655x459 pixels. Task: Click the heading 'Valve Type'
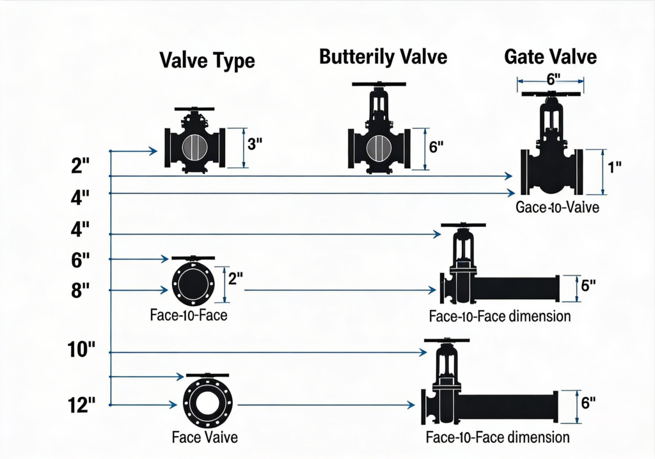click(207, 61)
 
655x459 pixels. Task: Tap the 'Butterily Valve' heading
click(383, 57)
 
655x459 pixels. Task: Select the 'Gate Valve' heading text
click(550, 56)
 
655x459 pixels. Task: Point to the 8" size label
click(81, 290)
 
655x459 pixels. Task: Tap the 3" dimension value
click(255, 144)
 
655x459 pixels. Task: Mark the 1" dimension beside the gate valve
click(615, 168)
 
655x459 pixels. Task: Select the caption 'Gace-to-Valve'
click(557, 208)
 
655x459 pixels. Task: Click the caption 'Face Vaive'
click(205, 437)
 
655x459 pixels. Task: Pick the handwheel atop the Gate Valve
click(551, 94)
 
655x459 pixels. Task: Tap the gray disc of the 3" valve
click(194, 148)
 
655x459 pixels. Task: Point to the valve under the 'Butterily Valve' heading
click(379, 141)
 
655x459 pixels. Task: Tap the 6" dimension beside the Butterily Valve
click(436, 146)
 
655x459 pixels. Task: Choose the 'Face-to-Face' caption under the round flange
click(189, 315)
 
